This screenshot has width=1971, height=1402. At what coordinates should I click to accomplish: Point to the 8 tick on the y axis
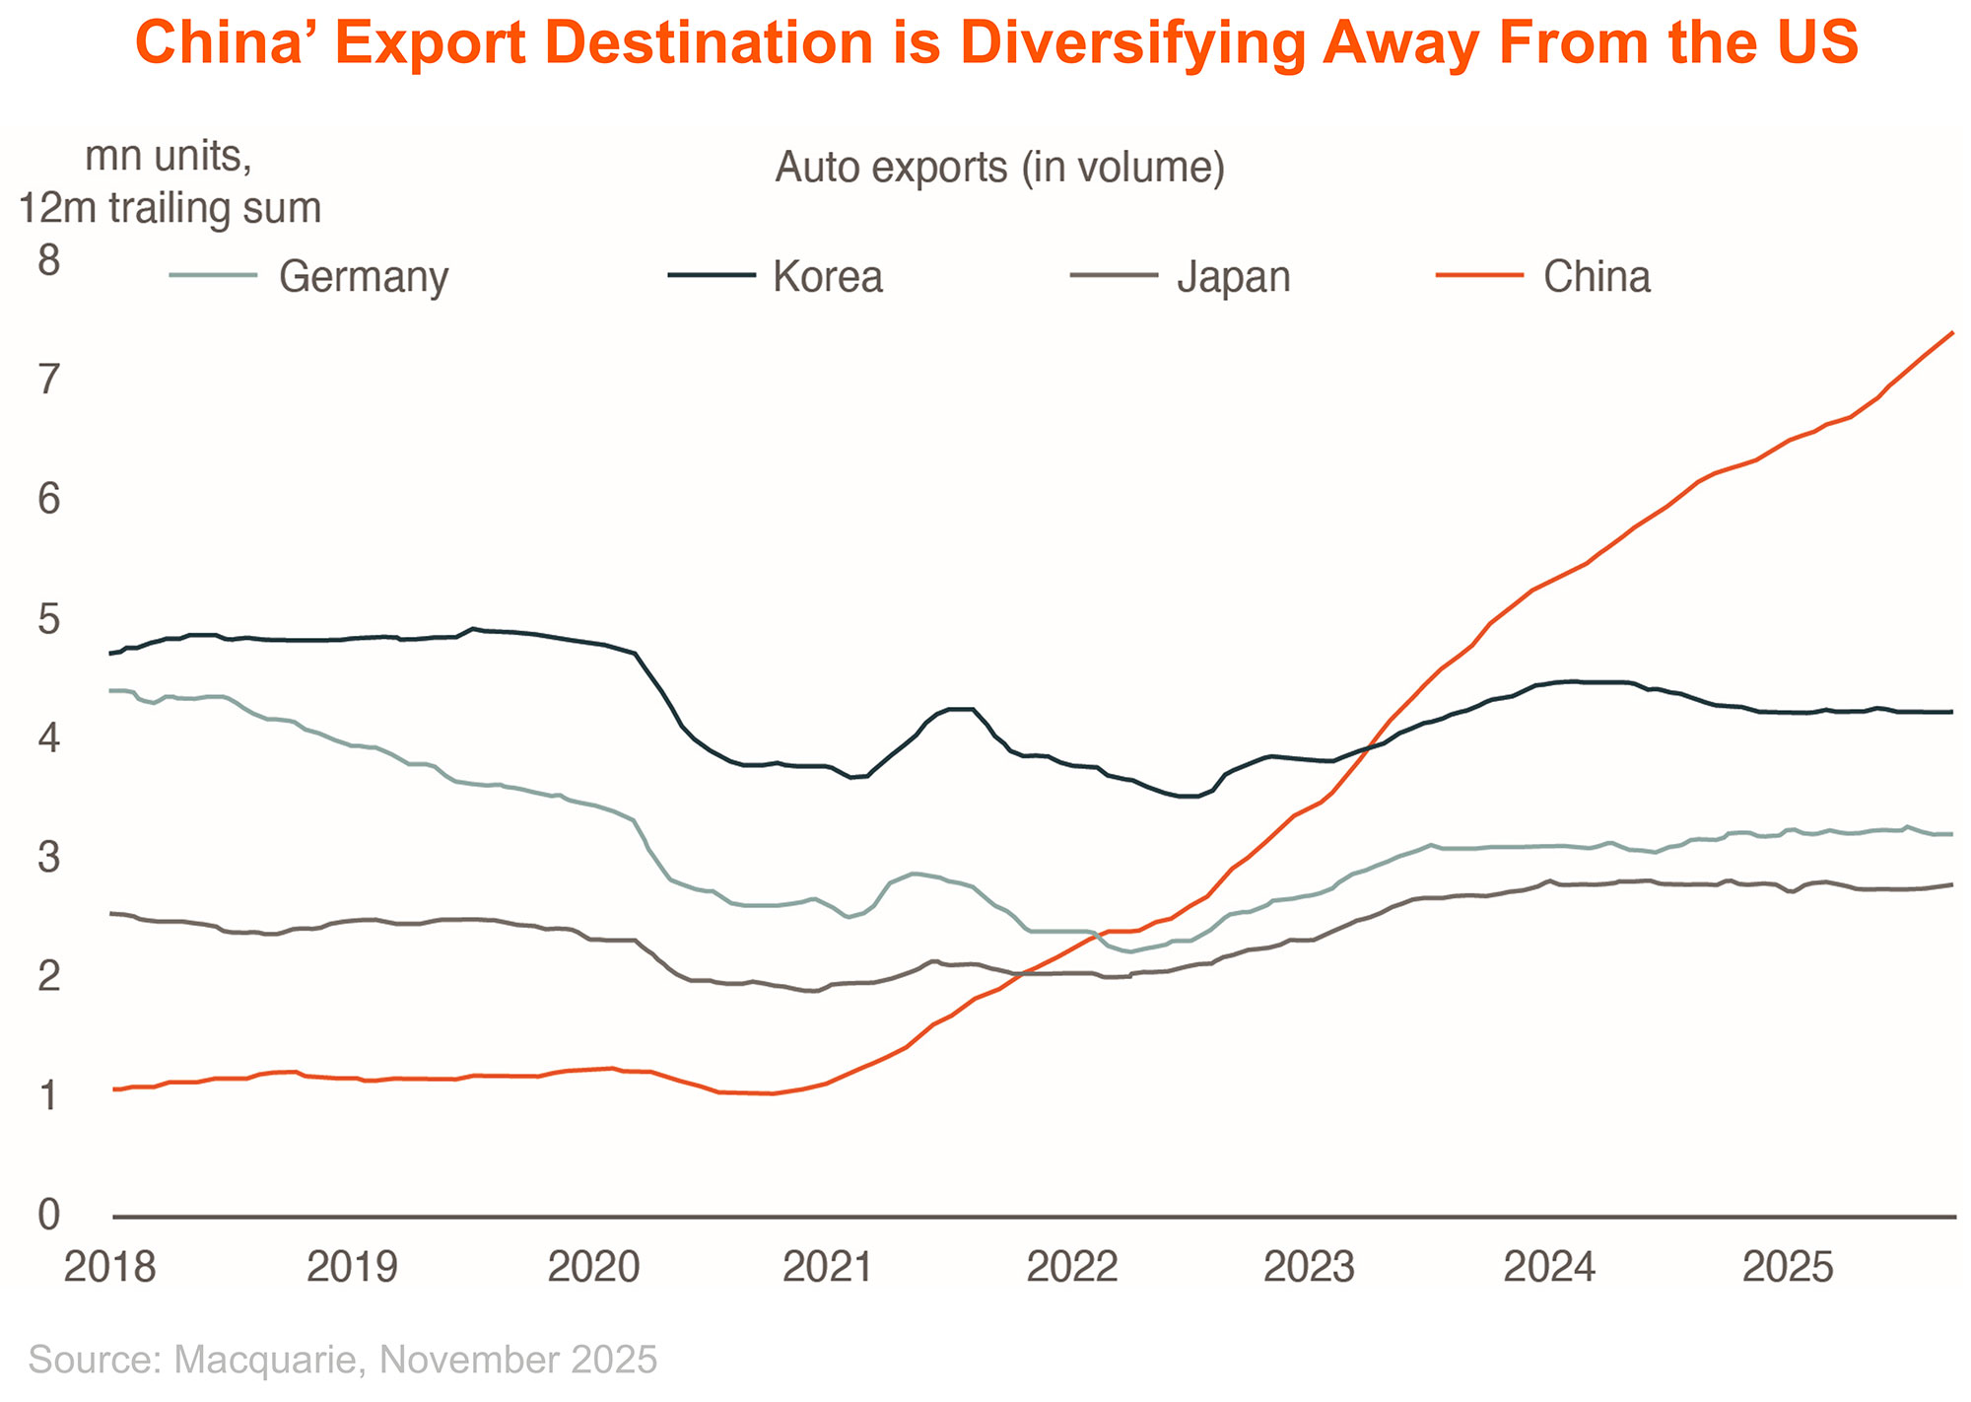coord(48,260)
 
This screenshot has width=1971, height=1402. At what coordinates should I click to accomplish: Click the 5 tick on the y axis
coord(48,619)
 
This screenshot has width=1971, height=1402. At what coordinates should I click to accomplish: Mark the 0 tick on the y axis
coord(48,1216)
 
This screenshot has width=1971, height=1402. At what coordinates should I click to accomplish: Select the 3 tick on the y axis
coord(48,858)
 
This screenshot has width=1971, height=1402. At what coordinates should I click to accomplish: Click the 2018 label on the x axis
coord(109,1267)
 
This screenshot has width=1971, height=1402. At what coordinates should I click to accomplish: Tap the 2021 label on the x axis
coord(828,1267)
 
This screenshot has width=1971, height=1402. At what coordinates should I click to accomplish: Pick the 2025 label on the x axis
coord(1788,1267)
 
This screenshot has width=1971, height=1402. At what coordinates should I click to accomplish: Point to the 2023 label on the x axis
coord(1309,1267)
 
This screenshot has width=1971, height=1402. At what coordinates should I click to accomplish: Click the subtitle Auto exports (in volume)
coord(999,168)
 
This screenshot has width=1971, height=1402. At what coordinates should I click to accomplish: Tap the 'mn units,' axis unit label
coord(169,156)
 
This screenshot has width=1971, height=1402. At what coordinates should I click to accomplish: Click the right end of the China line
coord(1953,333)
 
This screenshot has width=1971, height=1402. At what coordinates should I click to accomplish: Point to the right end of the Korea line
coord(1952,712)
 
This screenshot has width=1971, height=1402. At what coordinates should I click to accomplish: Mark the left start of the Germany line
coord(110,691)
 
